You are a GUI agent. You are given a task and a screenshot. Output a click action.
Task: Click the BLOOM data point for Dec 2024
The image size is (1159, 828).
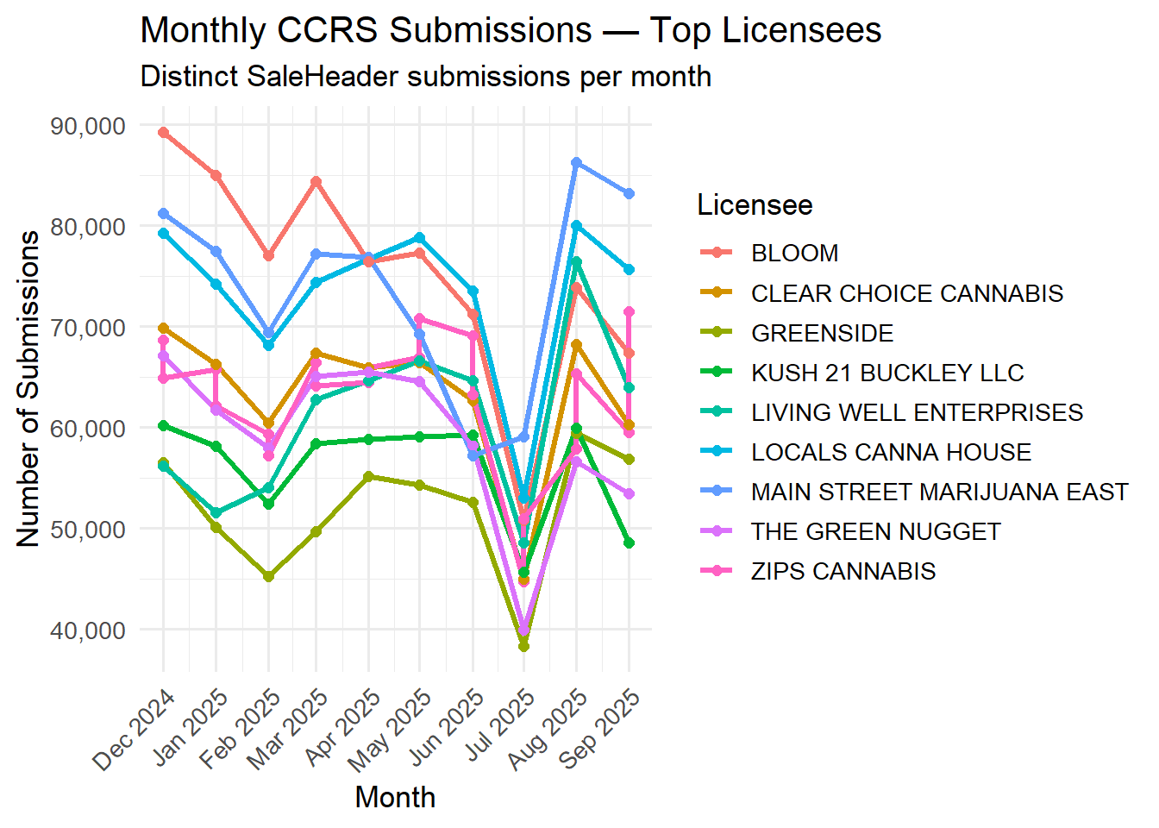[x=163, y=133]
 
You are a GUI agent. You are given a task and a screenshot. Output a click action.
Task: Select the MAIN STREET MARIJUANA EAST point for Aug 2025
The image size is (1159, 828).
[x=576, y=163]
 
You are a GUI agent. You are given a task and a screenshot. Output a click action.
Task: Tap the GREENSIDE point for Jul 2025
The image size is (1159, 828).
[x=523, y=646]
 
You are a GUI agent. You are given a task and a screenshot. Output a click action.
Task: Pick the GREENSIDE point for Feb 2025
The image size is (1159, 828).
[x=268, y=576]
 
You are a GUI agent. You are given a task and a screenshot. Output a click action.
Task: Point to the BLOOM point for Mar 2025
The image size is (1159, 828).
[x=316, y=182]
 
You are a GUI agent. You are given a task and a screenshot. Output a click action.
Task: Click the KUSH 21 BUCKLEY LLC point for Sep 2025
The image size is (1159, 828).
[x=629, y=543]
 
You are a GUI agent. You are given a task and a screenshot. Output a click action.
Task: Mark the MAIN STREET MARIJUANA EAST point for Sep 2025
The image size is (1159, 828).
[x=629, y=194]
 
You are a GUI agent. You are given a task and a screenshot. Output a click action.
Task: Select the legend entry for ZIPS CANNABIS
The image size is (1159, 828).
[x=843, y=571]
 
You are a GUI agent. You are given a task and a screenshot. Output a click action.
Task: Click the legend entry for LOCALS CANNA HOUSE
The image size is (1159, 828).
[x=891, y=452]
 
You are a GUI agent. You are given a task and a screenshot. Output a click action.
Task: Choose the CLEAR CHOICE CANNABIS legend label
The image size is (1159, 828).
[x=906, y=293]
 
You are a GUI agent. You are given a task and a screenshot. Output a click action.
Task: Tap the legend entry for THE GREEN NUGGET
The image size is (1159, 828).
[x=875, y=531]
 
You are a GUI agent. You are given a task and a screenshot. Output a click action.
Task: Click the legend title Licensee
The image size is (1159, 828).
[x=755, y=205]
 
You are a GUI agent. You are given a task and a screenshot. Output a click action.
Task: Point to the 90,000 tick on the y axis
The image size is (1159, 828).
[x=88, y=126]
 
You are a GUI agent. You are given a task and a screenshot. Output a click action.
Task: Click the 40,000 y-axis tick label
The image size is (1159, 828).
[x=88, y=630]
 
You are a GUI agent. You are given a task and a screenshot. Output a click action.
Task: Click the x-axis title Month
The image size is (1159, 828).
[x=395, y=797]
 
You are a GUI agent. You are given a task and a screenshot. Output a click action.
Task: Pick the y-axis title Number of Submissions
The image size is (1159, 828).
[x=28, y=388]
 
